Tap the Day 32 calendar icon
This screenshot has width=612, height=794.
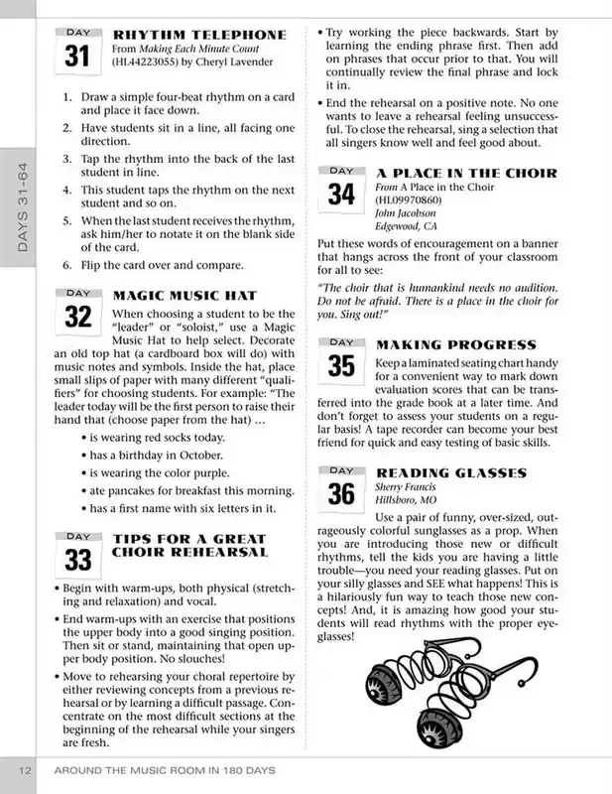76,313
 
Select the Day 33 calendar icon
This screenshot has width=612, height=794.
76,554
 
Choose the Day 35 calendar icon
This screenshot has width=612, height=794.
340,360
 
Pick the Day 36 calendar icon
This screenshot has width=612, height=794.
340,487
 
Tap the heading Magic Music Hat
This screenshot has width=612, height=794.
185,295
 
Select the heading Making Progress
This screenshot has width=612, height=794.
456,344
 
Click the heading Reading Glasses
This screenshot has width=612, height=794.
451,472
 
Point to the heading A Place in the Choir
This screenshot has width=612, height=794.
467,173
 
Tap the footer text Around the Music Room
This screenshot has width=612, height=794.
164,771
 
